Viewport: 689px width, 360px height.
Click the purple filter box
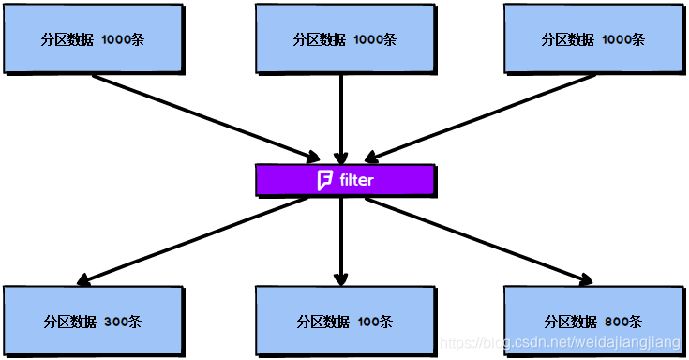click(x=344, y=180)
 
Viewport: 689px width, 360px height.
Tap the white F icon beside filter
click(x=325, y=180)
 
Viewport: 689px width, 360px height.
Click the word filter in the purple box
click(x=356, y=180)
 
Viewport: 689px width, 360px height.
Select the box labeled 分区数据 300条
click(x=92, y=320)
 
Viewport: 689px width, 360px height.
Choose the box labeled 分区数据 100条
click(x=344, y=320)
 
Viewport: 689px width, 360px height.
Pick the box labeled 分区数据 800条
click(x=592, y=320)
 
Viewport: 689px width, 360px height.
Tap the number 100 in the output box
click(x=367, y=322)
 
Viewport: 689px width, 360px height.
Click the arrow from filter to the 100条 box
click(x=341, y=239)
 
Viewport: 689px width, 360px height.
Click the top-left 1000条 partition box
click(x=92, y=38)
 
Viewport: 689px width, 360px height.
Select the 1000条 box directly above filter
click(x=344, y=38)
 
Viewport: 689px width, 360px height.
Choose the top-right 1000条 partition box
click(x=592, y=38)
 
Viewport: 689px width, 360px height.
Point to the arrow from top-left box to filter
click(x=206, y=115)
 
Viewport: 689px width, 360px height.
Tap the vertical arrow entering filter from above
click(x=341, y=117)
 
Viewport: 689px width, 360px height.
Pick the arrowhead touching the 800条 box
click(x=584, y=278)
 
